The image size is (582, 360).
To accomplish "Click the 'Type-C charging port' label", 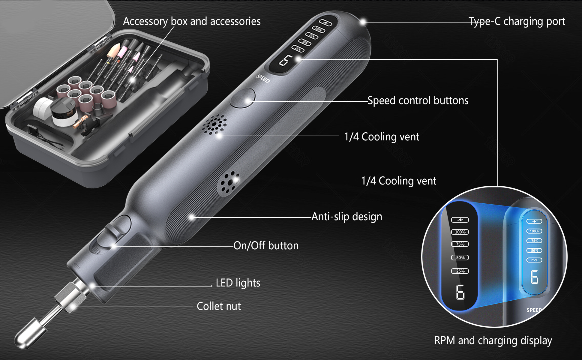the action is click(x=517, y=22).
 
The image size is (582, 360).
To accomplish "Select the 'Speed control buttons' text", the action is click(x=418, y=100).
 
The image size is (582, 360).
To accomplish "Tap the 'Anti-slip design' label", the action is click(x=347, y=217).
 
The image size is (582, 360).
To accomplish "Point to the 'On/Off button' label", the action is click(x=266, y=246).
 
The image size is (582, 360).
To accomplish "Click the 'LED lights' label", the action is click(x=238, y=283).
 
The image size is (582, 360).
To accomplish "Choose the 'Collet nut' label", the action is click(x=219, y=306).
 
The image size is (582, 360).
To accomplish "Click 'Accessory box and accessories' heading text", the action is click(x=192, y=21).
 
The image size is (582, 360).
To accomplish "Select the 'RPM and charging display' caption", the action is click(x=493, y=340).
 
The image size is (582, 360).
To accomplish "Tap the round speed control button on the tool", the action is click(x=242, y=98).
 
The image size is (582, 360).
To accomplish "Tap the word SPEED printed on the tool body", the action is click(x=263, y=79).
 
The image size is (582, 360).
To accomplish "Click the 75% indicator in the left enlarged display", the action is click(x=460, y=244).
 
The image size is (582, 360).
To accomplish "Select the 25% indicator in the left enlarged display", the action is click(x=460, y=271).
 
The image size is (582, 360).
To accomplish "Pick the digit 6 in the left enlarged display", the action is click(x=460, y=292).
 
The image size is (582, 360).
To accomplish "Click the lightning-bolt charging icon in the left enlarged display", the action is click(x=460, y=220).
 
